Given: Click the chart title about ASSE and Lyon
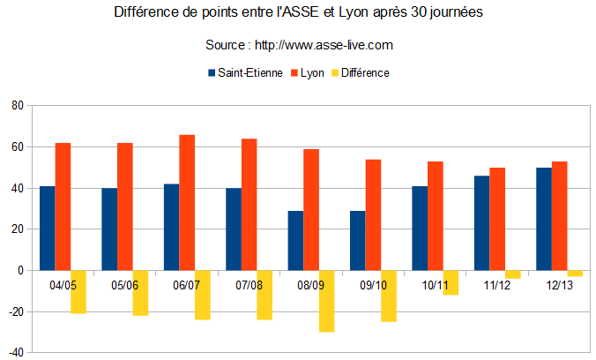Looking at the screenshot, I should tap(298, 14).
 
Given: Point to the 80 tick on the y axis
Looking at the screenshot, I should tap(16, 106).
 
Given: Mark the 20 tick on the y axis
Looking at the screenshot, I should tap(16, 229).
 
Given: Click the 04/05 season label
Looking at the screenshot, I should tap(63, 285).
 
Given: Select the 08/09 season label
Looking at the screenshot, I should tap(310, 285).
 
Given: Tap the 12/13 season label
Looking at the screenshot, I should tap(558, 285).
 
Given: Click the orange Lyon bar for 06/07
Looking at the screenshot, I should tap(187, 202).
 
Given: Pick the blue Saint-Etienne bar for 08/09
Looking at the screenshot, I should tap(295, 240).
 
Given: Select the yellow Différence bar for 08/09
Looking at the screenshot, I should tap(326, 301).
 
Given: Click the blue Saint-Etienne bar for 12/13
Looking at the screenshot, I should tap(543, 219).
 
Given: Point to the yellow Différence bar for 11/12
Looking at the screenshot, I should tap(512, 274).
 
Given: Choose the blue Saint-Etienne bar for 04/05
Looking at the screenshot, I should tap(48, 228).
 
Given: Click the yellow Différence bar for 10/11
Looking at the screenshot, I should tap(451, 282).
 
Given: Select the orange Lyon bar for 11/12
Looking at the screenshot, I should tap(497, 219).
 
